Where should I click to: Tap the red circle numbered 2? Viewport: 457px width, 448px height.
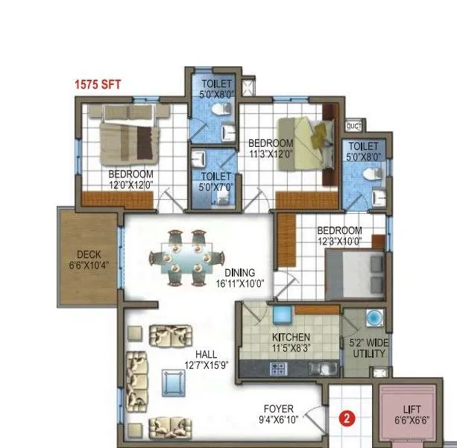point(346,418)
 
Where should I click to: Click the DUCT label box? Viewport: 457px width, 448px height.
point(354,126)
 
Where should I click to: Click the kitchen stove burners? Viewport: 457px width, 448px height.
point(280,367)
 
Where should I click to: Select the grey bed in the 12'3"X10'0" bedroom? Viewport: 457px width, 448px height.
point(356,268)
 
